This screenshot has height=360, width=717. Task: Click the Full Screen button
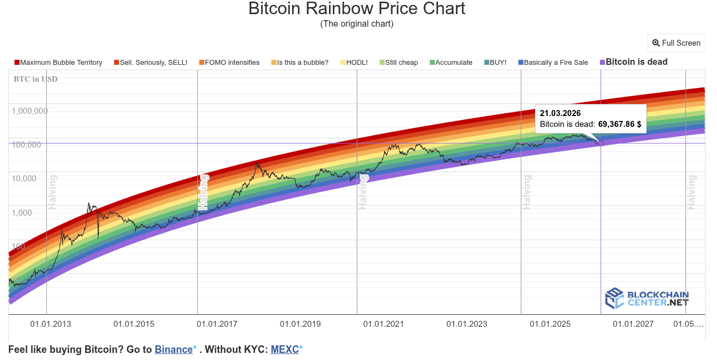coord(676,43)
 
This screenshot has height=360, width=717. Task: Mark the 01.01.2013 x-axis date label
coord(50,324)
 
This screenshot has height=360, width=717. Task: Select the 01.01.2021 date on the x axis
coord(384,324)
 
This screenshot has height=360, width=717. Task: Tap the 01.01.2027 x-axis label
coord(633,324)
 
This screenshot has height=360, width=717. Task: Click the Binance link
coord(173,350)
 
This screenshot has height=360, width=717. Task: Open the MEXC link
coord(284,350)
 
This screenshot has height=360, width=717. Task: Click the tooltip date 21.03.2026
coord(560,113)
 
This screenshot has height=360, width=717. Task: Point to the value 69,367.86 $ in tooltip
coord(619,125)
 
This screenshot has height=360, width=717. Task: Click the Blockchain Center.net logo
coord(647,298)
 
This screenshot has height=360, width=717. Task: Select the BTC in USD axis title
coord(35,80)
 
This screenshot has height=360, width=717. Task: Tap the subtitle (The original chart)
coord(357,24)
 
